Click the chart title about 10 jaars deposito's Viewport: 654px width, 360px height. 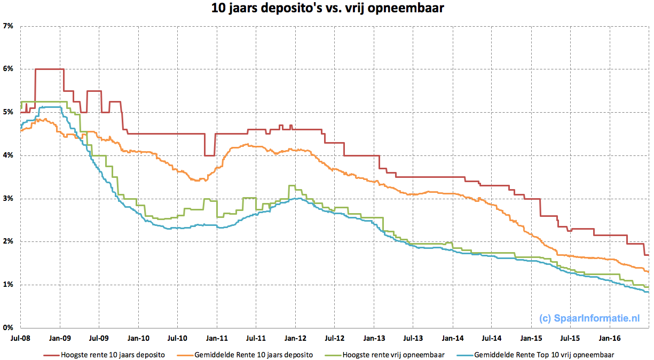326,9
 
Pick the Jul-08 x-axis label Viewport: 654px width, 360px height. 20,338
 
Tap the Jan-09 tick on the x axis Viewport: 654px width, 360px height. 59,338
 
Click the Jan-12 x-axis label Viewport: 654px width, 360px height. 295,338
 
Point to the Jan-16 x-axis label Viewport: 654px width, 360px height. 609,338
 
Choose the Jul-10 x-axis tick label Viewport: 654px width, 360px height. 177,338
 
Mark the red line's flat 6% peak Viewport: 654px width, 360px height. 49,69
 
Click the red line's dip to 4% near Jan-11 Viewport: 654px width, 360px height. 209,155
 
